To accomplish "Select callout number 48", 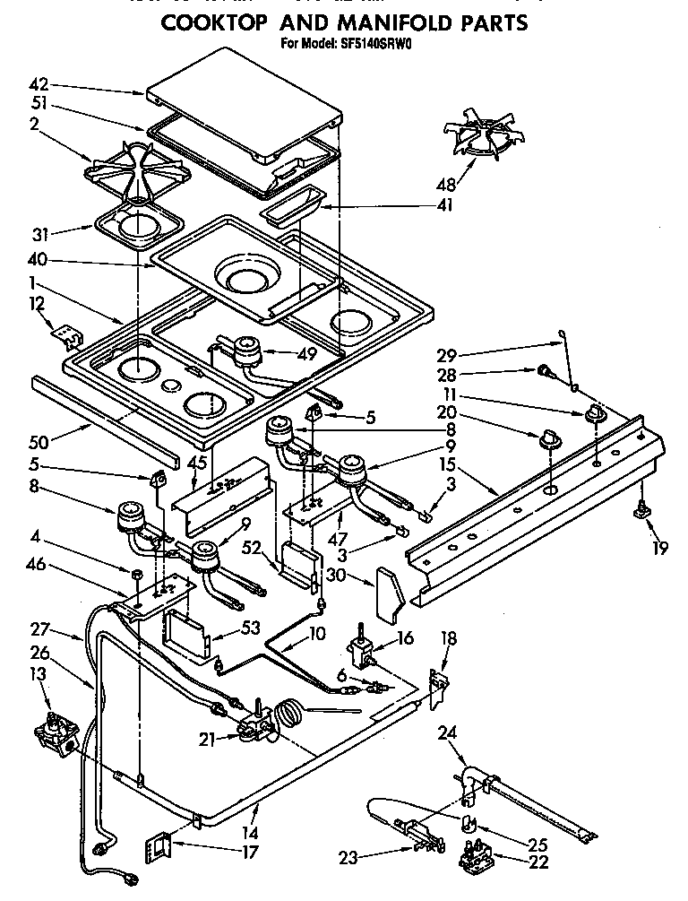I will (444, 186).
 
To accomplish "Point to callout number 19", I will (659, 549).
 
